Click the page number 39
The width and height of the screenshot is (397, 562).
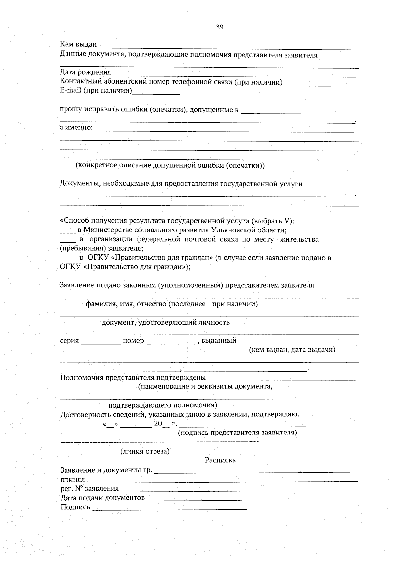(220, 27)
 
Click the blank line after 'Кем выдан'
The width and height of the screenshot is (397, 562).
(228, 47)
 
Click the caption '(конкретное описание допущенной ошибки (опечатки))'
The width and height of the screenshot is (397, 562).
(170, 165)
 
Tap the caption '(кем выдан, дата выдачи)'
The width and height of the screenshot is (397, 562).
(292, 350)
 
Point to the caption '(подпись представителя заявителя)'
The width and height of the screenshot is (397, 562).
(237, 433)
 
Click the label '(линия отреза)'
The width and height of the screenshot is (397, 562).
(145, 451)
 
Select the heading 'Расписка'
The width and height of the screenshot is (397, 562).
(220, 460)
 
